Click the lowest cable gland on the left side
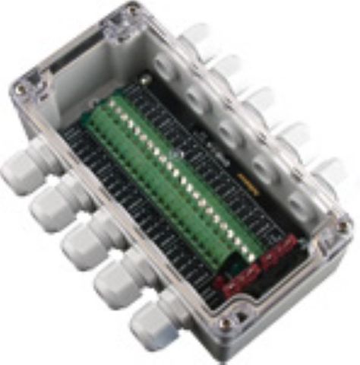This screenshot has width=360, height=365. tap(156, 319)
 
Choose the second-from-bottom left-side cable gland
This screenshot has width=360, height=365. tap(118, 279)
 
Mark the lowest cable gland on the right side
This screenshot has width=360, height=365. tap(325, 173)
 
